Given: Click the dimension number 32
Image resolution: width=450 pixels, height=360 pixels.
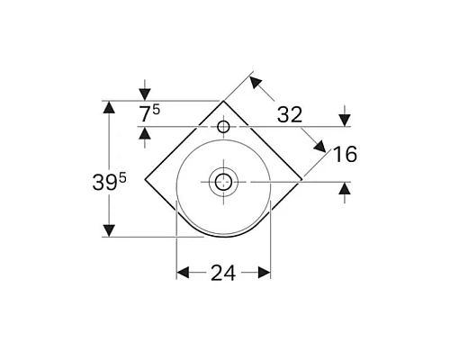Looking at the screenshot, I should click(x=290, y=114).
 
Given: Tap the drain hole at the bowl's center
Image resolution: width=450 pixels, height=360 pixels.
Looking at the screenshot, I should click(x=222, y=183).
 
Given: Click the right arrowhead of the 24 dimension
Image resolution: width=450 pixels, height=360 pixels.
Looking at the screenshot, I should click(x=265, y=272).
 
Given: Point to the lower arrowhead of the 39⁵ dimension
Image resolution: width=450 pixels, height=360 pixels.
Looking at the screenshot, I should click(x=109, y=230).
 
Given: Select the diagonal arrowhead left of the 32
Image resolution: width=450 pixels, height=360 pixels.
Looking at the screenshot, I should click(x=256, y=84).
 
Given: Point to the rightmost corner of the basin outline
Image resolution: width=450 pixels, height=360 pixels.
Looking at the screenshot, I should click(x=301, y=179).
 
